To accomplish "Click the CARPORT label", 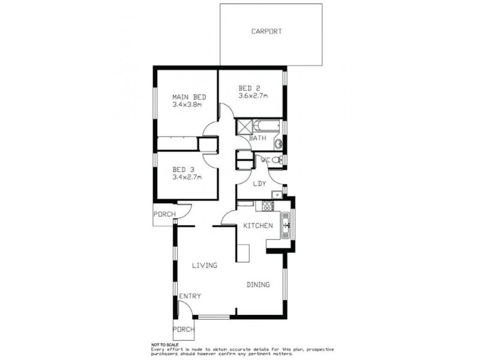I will (266, 31).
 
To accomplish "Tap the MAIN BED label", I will (190, 97).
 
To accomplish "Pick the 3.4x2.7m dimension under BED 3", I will (187, 177).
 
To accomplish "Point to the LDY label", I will (259, 184).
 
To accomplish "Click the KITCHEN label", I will (258, 226).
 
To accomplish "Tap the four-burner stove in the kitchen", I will (265, 206).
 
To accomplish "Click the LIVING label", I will (205, 265).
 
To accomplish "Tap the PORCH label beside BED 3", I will (164, 214).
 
